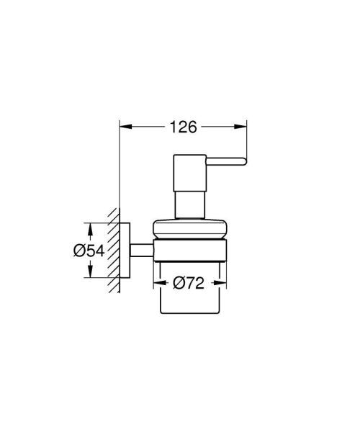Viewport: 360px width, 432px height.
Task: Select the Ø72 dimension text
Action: pos(192,283)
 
